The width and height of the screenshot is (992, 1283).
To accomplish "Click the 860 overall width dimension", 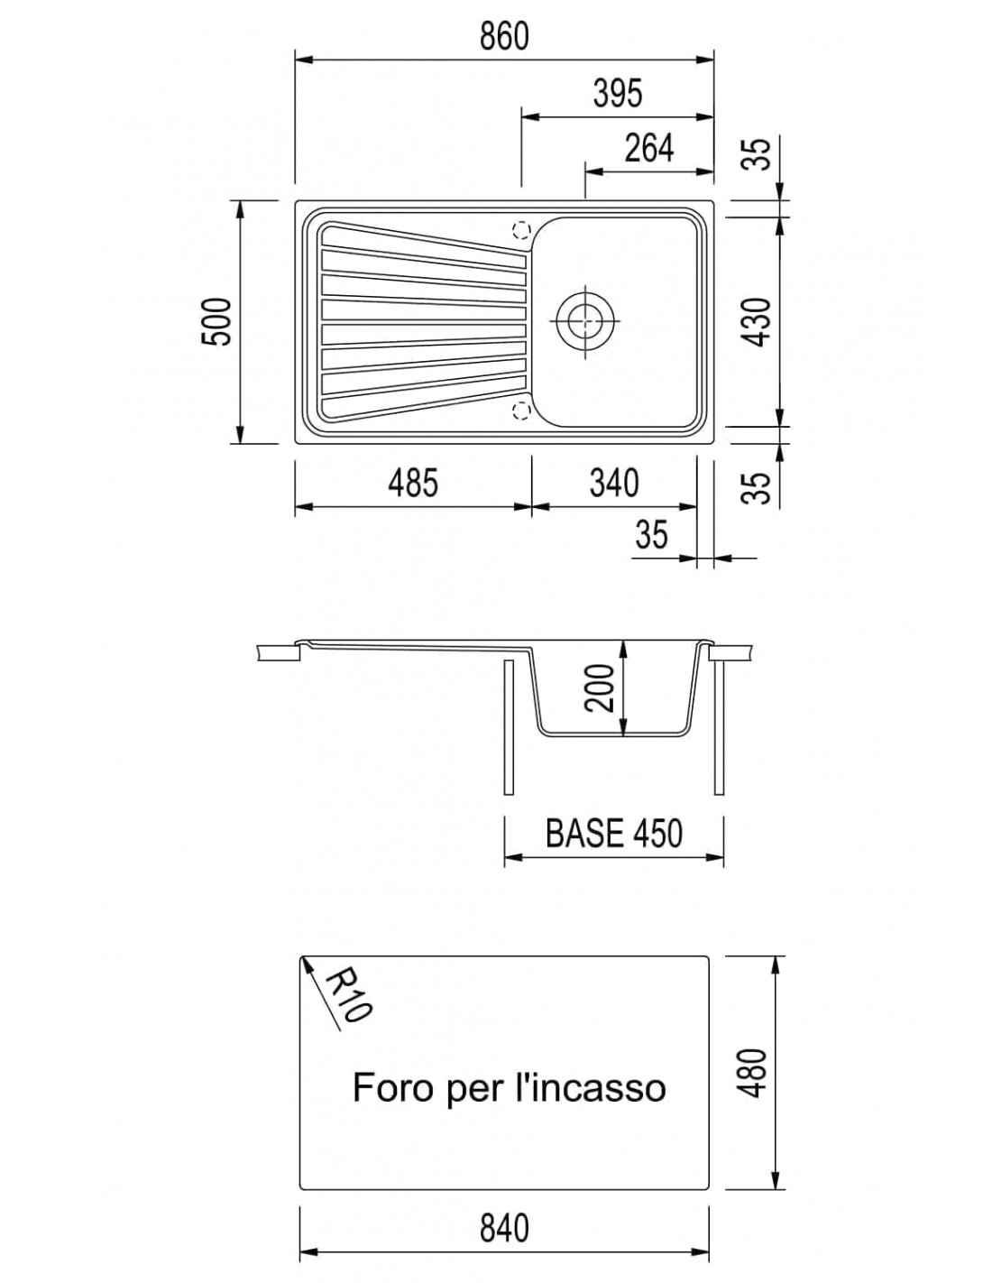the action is pos(504,36).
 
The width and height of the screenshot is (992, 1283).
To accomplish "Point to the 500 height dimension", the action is pos(216,322).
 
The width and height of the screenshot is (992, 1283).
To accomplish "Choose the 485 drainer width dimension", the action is pos(413,483).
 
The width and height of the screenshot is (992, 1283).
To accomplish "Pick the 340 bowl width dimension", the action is pos(614,483).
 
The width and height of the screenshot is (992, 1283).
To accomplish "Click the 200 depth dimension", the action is pos(601,688).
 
